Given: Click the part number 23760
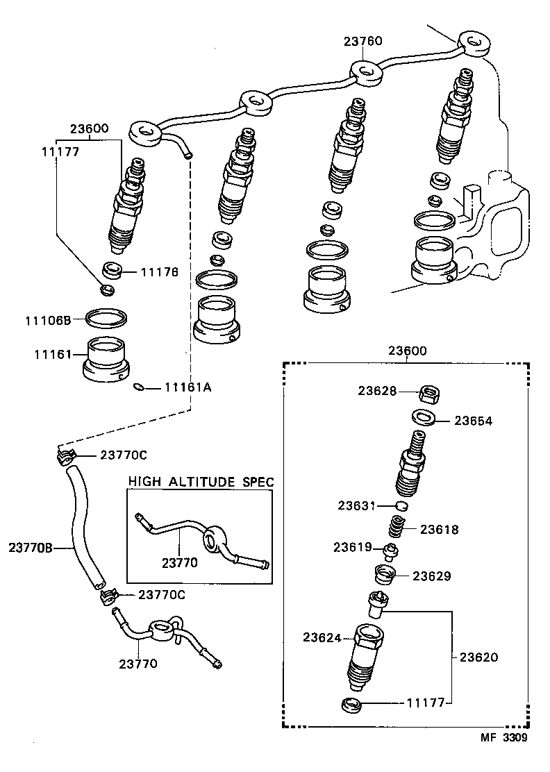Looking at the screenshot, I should coord(362,42).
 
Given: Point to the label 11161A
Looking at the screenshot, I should coord(187,387).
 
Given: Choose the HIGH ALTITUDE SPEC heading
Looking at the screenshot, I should coord(201,481).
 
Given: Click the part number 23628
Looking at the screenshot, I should coord(377,391).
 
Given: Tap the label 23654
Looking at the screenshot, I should coord(474,421).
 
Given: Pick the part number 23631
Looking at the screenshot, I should coord(357,505).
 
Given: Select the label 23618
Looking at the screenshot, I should coord(438,529).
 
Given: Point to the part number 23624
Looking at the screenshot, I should coord(322,637).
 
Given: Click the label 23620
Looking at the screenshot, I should coord(478,656).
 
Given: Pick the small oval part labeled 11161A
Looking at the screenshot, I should coord(139,388).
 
